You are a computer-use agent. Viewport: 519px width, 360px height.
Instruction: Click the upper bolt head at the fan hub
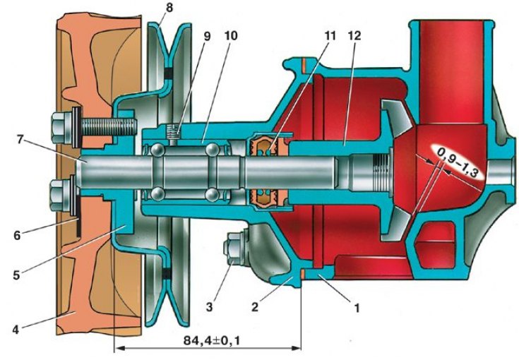coord(59,129)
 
